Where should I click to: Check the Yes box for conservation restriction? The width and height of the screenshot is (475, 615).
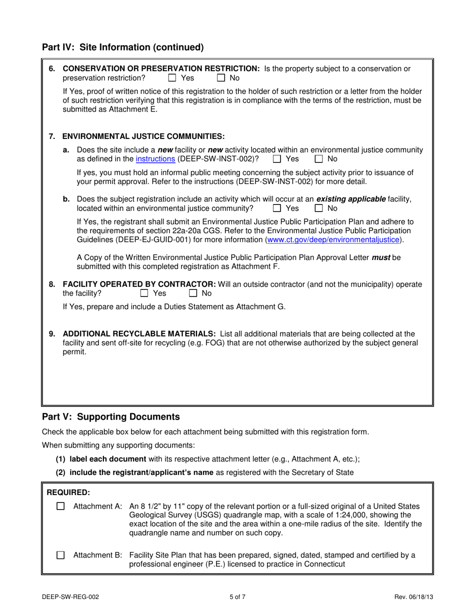[x=172, y=78]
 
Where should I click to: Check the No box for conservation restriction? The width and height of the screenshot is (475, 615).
[x=221, y=78]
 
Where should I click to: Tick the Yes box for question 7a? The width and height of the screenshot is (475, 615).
[x=277, y=159]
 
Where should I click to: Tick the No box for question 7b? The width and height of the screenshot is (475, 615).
[x=319, y=208]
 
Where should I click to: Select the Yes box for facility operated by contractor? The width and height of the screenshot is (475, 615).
[x=144, y=293]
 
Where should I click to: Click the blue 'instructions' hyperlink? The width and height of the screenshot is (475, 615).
[x=155, y=159]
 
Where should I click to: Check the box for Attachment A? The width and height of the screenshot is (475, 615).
[x=60, y=506]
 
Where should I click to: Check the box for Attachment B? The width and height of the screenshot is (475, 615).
[x=60, y=555]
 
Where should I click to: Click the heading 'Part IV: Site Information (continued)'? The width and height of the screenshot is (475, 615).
[x=123, y=47]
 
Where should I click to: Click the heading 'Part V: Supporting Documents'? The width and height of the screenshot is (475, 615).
[x=110, y=416]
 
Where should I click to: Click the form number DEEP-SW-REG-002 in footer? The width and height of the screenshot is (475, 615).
[x=73, y=597]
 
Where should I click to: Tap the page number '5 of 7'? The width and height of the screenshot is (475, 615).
[x=237, y=597]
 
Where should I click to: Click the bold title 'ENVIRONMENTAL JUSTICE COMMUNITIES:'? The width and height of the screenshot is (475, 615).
[x=143, y=136]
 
